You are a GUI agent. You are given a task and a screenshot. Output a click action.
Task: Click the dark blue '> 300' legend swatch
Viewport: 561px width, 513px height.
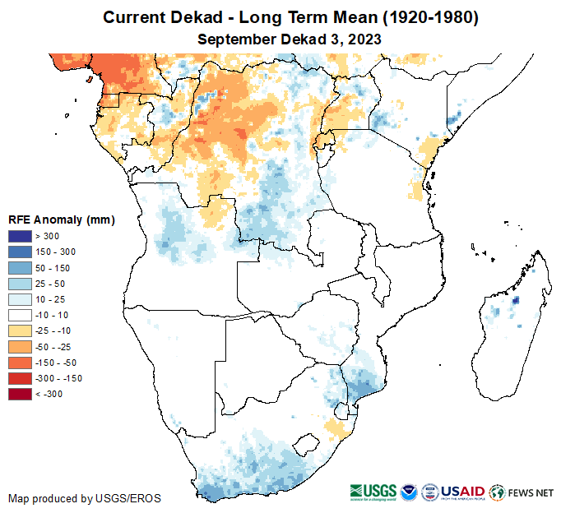pyautogui.click(x=21, y=237)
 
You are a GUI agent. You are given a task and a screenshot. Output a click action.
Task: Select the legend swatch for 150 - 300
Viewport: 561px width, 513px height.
pyautogui.click(x=21, y=252)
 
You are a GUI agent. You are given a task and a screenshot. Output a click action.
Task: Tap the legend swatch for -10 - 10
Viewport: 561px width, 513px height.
pyautogui.click(x=21, y=315)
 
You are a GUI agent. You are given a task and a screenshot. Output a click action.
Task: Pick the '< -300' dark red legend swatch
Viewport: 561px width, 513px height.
pyautogui.click(x=21, y=394)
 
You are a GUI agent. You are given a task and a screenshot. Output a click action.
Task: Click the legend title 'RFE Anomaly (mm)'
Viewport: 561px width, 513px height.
pyautogui.click(x=61, y=220)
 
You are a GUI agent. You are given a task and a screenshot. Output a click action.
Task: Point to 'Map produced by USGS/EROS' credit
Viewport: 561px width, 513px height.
pyautogui.click(x=85, y=498)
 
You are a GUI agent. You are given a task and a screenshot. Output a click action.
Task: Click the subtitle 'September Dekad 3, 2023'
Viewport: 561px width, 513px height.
pyautogui.click(x=288, y=39)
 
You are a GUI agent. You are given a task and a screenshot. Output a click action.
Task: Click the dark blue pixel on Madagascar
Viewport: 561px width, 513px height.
pyautogui.click(x=516, y=301)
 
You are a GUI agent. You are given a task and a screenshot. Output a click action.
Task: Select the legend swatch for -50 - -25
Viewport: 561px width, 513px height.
pyautogui.click(x=21, y=347)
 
